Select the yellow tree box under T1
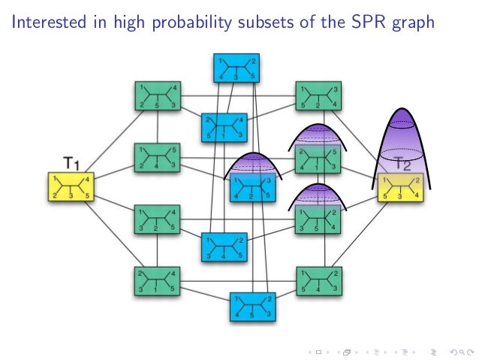71,186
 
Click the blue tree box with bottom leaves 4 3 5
233,68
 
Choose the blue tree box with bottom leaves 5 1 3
224,127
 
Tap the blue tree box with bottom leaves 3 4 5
224,247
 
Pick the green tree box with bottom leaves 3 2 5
156,218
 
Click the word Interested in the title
46,23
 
